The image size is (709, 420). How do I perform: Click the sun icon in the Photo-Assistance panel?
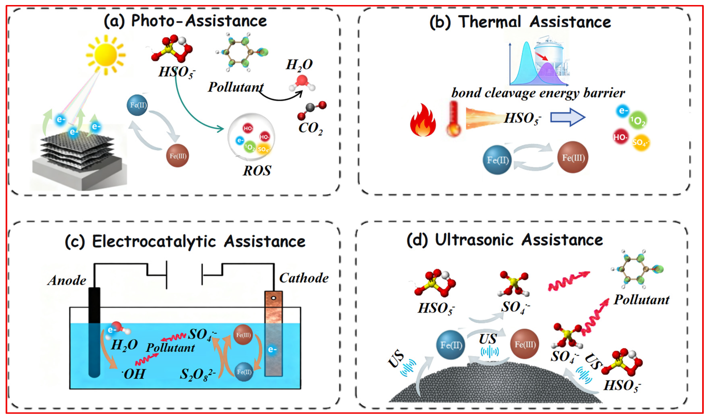pos(106,55)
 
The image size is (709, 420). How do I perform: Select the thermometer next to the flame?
pos(454,119)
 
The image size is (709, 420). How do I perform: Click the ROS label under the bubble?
pos(257,171)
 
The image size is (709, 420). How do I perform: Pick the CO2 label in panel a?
pos(310,128)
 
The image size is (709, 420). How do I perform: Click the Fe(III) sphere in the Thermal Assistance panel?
pos(573,157)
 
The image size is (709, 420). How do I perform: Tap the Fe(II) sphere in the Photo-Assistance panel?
pos(137,105)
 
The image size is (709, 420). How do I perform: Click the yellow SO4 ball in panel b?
pos(641,142)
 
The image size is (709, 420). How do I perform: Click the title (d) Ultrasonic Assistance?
pos(504,240)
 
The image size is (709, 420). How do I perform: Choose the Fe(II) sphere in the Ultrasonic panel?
pos(451,345)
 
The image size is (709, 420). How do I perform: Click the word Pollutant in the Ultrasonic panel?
pos(641,300)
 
